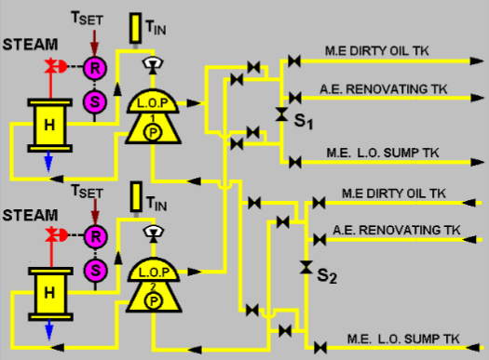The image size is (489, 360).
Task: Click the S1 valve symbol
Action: tap(281, 114)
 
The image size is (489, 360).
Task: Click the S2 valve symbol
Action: tap(306, 268)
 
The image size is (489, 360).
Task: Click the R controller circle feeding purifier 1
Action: tap(92, 67)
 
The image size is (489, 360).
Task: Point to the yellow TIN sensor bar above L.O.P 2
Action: tap(137, 196)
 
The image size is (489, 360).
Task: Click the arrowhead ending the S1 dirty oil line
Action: tap(474, 61)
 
